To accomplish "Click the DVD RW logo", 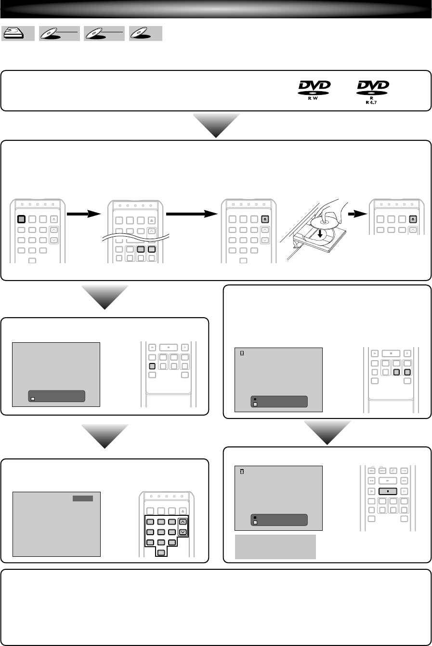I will pyautogui.click(x=314, y=88).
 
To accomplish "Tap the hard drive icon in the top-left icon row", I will pyautogui.click(x=17, y=33).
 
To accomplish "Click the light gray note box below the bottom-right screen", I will pyautogui.click(x=275, y=546).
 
